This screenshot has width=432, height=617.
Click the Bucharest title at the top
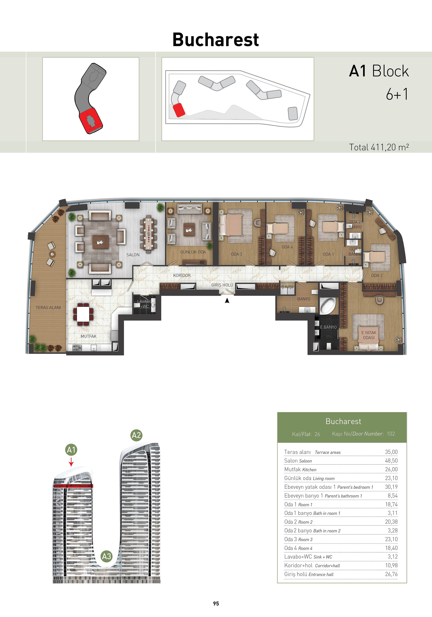(x=216, y=40)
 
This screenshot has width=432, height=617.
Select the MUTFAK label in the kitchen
(x=88, y=336)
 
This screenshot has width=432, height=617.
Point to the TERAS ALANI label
(x=48, y=307)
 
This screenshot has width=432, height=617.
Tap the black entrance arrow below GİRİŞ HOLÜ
(x=227, y=301)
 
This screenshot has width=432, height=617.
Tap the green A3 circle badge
(x=106, y=556)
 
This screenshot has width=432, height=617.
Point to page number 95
(x=216, y=604)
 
